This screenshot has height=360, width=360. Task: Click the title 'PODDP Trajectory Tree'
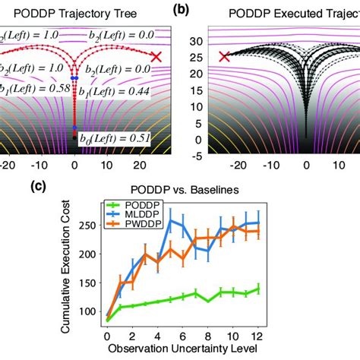coord(73,14)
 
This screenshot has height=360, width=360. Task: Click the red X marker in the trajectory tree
coord(156,57)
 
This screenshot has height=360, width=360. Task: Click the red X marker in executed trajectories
coord(224,57)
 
